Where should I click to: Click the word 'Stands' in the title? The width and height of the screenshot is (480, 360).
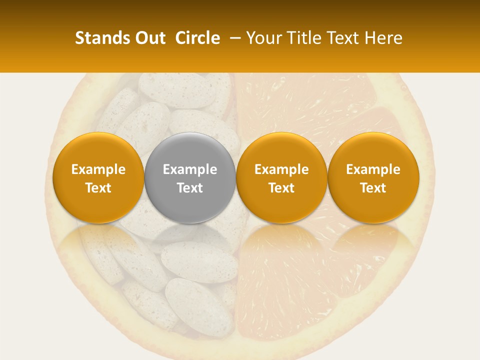102,38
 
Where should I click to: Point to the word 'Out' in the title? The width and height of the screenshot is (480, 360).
150,38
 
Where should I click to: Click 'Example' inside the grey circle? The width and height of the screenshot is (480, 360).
190,169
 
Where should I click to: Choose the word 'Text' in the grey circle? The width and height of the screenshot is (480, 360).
190,188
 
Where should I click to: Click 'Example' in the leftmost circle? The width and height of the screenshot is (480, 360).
98,169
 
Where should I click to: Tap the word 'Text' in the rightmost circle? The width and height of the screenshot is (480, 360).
373,188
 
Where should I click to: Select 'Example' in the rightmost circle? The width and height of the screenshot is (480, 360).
373,169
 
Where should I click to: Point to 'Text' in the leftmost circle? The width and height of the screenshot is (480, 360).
98,188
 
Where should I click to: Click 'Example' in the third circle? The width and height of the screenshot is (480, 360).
281,169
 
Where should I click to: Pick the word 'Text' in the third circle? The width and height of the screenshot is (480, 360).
281,188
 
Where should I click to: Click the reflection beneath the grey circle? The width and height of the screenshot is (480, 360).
190,237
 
